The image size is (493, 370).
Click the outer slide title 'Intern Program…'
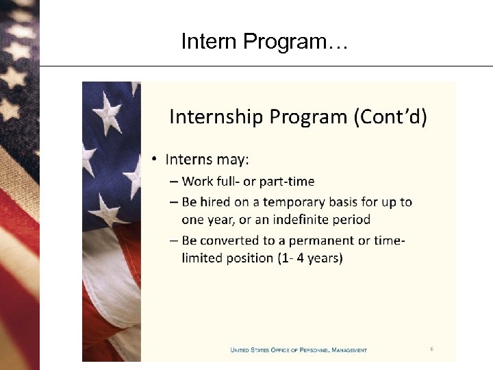(264, 42)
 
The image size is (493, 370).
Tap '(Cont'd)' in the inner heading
(390, 117)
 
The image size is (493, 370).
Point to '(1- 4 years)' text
(312, 258)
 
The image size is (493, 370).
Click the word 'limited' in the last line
(202, 258)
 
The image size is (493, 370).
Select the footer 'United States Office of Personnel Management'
(299, 350)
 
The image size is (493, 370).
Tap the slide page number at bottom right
(431, 349)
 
